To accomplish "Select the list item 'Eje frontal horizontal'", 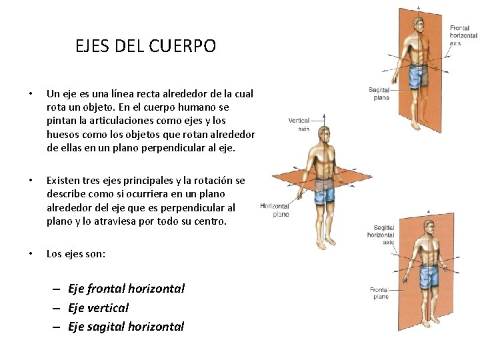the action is coord(126,289).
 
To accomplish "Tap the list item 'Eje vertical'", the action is coord(98,307).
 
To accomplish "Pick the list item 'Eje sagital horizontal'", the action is coord(125,326).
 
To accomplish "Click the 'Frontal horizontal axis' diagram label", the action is coord(463,35).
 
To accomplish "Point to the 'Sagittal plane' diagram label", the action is coord(380,93).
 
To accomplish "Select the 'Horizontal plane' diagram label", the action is coord(275,210).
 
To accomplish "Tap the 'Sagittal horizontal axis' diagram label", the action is coord(383,235).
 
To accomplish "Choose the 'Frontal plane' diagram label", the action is coord(380,293).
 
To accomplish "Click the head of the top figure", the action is coord(418,25).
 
